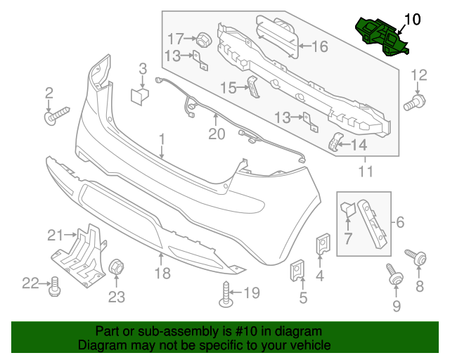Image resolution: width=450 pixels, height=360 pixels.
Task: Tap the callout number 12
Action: pyautogui.click(x=418, y=75)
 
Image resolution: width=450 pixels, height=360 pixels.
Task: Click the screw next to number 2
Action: pyautogui.click(x=56, y=115)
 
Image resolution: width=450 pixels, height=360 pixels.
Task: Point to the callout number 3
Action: pyautogui.click(x=142, y=68)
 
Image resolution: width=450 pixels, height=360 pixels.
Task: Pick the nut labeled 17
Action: pyautogui.click(x=202, y=39)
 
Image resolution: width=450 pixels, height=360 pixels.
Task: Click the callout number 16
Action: pyautogui.click(x=319, y=46)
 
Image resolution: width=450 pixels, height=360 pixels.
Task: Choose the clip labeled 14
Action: pyautogui.click(x=335, y=143)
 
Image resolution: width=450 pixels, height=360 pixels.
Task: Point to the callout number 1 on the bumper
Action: pyautogui.click(x=161, y=139)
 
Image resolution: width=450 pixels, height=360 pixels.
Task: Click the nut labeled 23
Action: pyautogui.click(x=116, y=268)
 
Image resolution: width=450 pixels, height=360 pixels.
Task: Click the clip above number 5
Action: pyautogui.click(x=297, y=271)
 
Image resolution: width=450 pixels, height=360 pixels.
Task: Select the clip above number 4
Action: pyautogui.click(x=323, y=243)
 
